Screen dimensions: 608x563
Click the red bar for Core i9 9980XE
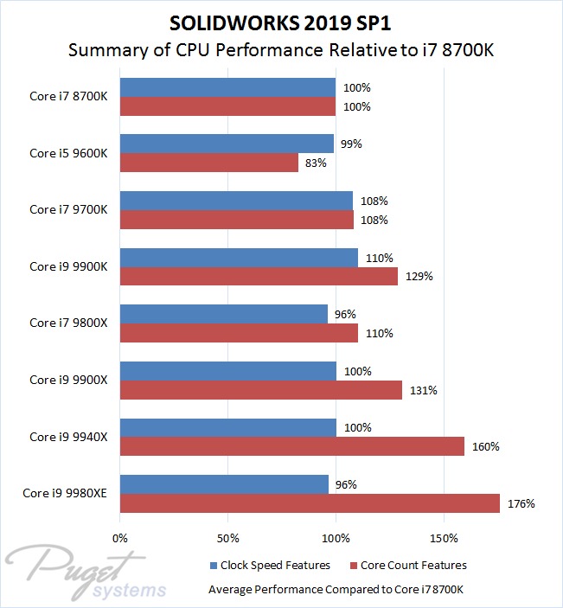[310, 503]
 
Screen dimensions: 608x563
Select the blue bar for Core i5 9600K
[227, 144]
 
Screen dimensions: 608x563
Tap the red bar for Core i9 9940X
[292, 446]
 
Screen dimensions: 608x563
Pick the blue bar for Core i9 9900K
[239, 258]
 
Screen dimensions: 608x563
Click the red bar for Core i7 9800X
[239, 333]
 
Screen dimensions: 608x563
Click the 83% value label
[315, 163]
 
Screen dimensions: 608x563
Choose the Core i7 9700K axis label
[68, 209]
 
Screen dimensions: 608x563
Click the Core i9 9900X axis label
[68, 380]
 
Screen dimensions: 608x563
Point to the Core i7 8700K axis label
[68, 96]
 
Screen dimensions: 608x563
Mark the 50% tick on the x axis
[227, 537]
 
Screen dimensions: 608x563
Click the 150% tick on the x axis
[444, 537]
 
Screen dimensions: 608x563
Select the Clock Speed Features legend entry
[270, 566]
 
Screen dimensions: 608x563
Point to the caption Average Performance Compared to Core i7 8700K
[336, 590]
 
